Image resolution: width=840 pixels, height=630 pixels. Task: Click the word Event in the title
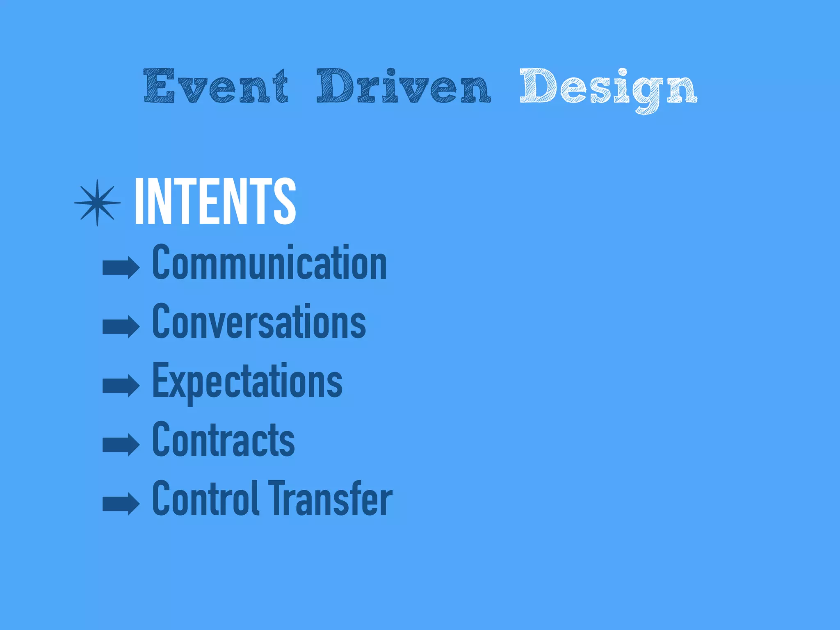click(x=216, y=86)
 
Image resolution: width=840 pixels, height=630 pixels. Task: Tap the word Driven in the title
click(x=403, y=86)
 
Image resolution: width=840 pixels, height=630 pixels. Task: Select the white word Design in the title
click(x=608, y=87)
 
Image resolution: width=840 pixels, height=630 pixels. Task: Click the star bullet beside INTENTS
click(x=97, y=203)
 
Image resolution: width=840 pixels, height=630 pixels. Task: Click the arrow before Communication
click(x=121, y=267)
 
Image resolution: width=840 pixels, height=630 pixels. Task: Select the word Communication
click(x=269, y=262)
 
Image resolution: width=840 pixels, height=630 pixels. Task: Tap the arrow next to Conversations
click(x=121, y=326)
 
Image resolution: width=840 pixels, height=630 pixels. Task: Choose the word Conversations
click(x=259, y=322)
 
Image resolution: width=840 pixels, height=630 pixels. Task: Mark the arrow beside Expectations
click(x=121, y=386)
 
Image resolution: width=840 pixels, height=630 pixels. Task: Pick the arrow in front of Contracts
click(x=121, y=445)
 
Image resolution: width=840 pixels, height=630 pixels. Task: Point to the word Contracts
click(x=224, y=440)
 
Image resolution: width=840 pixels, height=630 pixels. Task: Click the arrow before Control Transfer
click(x=121, y=504)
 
